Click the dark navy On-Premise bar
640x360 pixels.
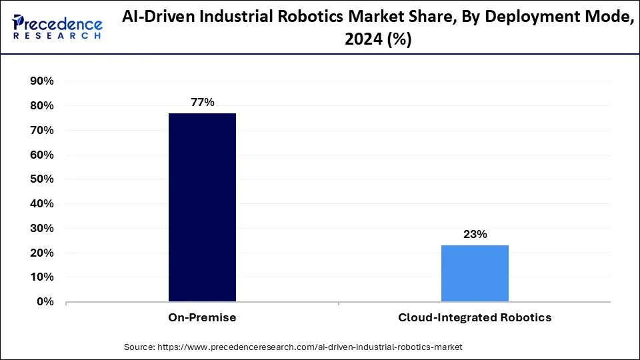[202, 207]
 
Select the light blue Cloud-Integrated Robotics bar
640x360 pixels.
[475, 273]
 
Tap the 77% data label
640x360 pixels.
[202, 102]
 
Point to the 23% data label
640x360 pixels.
[475, 234]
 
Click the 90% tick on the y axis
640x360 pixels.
[42, 81]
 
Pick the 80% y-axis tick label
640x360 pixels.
[42, 106]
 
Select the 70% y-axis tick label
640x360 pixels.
[42, 131]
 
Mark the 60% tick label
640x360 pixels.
[42, 155]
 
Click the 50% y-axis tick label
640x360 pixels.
[42, 179]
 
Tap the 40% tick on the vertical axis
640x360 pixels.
[42, 204]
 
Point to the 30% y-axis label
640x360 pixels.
[42, 229]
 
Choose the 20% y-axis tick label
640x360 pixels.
[42, 253]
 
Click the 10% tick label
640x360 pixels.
[42, 277]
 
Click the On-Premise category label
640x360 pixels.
[202, 318]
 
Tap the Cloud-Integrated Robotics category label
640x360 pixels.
[475, 318]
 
